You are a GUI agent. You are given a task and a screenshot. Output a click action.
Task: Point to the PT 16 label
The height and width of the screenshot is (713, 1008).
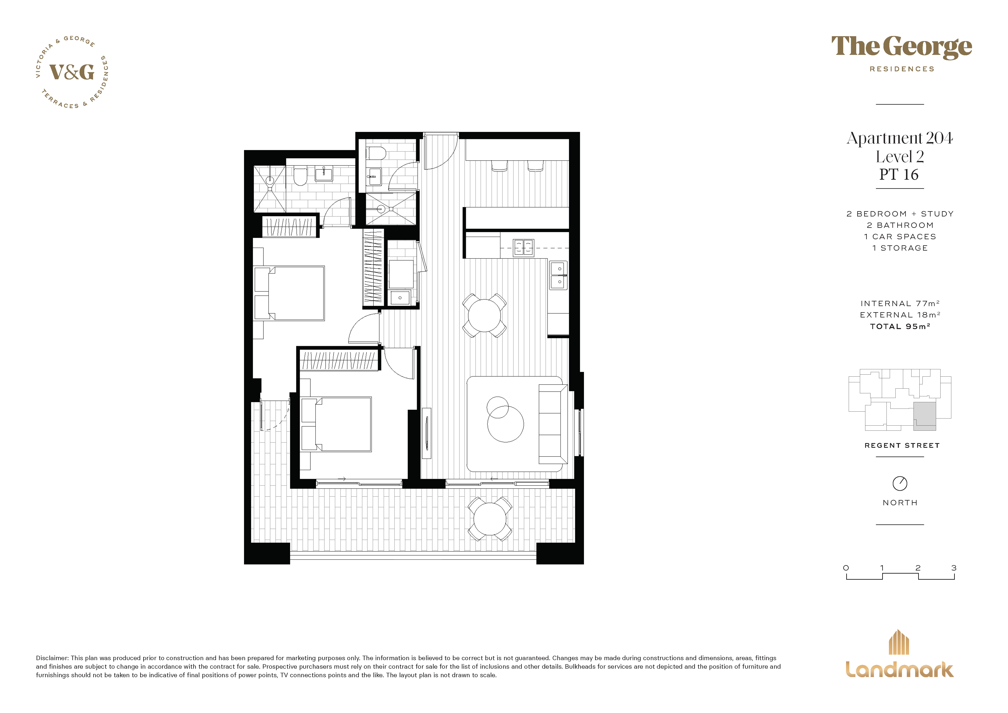coord(899,175)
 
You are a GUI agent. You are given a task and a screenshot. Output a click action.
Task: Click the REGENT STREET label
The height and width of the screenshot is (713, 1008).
coord(902,445)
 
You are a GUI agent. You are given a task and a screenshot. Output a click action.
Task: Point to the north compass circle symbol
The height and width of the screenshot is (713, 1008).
coord(899,483)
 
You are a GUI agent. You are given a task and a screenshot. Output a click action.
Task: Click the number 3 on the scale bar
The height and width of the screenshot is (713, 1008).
coord(954,568)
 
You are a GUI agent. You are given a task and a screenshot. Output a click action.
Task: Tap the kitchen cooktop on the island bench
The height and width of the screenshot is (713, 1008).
coord(523,248)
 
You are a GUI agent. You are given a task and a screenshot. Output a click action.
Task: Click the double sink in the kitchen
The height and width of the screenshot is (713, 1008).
coord(558,275)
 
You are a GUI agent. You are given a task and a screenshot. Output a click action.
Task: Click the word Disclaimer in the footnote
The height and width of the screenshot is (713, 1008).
coord(52,658)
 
